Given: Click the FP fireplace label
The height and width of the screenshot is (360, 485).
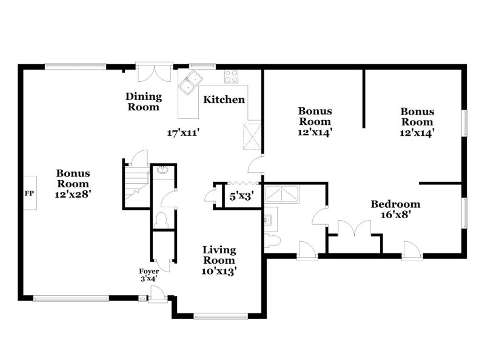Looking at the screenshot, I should pos(29,193).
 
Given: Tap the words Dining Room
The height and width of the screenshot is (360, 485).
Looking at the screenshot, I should pos(144,102).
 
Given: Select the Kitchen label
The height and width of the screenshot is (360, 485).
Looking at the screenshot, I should pos(224,100).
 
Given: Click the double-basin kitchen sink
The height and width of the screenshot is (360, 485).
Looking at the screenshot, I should pos(194,78).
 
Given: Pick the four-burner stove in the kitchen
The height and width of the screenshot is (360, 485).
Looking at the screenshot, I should pos(232,76).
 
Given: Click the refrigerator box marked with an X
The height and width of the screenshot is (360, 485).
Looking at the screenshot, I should pos(251,136).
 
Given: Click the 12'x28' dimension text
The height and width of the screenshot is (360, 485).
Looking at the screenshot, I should pos(73,195).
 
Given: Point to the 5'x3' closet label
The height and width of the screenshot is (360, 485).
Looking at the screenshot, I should pos(240,196).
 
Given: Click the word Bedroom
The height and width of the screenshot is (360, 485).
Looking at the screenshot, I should pos(395,204).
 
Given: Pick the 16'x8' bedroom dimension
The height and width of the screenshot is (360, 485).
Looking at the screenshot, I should pos(395,215).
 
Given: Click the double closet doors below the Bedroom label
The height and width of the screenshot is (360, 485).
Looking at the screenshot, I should pos(354,229).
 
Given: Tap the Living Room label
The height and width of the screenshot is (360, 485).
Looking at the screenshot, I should pos(219,255).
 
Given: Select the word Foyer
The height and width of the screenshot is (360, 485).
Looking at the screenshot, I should pos(149,271).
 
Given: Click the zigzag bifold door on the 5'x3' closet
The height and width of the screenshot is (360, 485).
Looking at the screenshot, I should pos(242,183).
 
